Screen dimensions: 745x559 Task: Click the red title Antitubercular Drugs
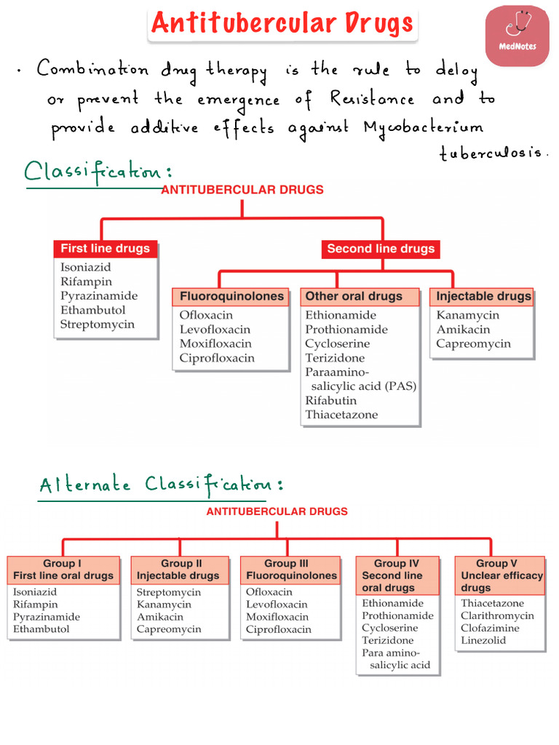click(282, 23)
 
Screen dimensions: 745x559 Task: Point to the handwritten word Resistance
click(372, 98)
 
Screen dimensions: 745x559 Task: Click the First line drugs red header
click(105, 249)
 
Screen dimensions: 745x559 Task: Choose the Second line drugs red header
click(380, 249)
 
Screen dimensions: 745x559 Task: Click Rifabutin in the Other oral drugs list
click(331, 400)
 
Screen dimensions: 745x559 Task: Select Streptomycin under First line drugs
click(98, 324)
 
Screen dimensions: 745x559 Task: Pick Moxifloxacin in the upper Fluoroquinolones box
click(215, 343)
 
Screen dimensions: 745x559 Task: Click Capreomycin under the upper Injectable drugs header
click(474, 343)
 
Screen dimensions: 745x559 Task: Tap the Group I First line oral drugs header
click(63, 570)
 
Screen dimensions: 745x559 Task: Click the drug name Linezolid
click(483, 640)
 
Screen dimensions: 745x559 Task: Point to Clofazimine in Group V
click(490, 628)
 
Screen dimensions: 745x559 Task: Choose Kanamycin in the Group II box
click(164, 605)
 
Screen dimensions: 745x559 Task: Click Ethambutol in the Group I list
click(41, 629)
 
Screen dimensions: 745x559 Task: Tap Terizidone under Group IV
click(387, 640)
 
